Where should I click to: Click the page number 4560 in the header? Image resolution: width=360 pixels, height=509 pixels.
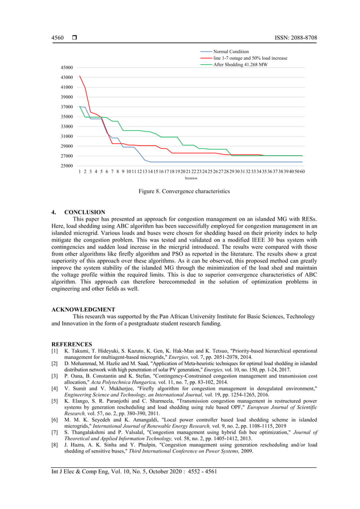58,38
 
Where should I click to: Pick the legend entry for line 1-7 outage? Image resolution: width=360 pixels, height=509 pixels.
250,58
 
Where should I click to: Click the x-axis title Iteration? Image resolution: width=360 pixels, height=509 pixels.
191,178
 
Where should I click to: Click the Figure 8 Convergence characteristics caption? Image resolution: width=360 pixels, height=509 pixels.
185,192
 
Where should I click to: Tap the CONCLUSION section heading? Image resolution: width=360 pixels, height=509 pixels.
84,213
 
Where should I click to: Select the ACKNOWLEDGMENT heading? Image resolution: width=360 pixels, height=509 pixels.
84,310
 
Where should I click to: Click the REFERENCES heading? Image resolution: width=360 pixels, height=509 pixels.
72,344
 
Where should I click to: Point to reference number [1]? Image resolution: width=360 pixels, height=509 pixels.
55,350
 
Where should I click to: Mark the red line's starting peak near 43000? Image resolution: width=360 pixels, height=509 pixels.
80,76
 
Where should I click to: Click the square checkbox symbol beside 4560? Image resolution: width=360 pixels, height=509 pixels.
74,38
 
